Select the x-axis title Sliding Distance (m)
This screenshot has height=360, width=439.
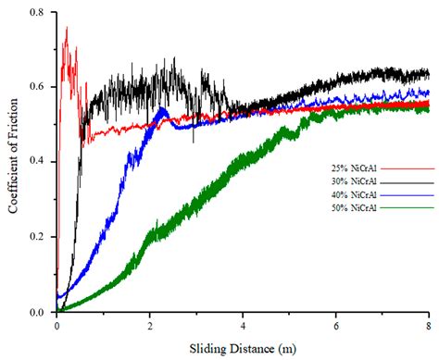243,350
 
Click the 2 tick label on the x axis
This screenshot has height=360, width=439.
150,326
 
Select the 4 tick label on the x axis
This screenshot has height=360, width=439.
243,326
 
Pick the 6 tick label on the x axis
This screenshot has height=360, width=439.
335,326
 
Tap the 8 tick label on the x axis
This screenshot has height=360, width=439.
428,326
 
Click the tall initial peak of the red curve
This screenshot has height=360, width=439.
66,30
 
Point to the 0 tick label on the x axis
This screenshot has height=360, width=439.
57,326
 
